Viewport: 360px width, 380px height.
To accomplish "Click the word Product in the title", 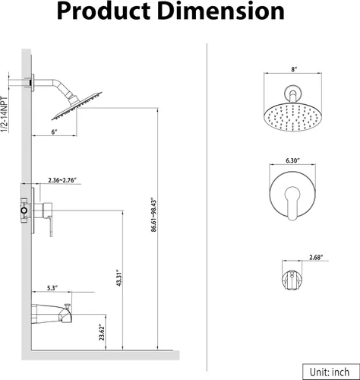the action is (103, 11).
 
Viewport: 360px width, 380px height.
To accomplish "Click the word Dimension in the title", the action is (222, 11).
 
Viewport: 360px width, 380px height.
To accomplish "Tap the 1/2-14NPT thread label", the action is (5, 114).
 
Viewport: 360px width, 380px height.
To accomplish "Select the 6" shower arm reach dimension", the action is (55, 132).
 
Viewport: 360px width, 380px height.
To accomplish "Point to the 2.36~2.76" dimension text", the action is (62, 180).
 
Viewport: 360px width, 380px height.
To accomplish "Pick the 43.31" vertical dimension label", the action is (119, 277).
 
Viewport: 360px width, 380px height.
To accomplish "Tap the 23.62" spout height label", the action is (102, 332).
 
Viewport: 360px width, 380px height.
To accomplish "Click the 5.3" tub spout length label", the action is (52, 288).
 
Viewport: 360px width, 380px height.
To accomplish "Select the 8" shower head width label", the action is (294, 69).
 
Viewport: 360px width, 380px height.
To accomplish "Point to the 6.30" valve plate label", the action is (292, 160).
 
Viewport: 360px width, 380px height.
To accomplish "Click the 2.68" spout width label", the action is (317, 258).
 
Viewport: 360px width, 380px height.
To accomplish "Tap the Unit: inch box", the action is (331, 372).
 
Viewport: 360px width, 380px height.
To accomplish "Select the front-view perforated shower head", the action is (293, 117).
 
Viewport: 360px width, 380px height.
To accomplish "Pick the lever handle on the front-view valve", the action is (292, 204).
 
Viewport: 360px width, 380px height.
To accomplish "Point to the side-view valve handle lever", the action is (51, 226).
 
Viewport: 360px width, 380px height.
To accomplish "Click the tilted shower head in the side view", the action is (77, 106).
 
